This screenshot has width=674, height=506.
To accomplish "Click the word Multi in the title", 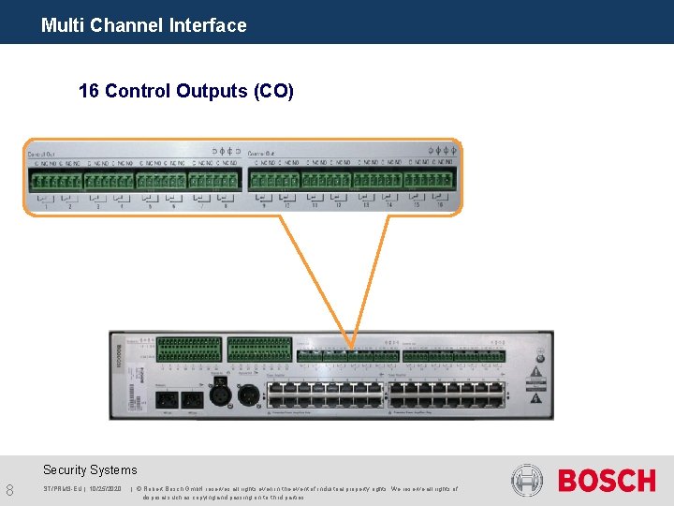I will click(x=63, y=25).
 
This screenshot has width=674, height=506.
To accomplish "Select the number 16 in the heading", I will click(x=89, y=91).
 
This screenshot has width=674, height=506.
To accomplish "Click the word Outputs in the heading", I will click(x=212, y=91).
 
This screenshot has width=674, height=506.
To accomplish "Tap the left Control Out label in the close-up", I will click(x=41, y=153).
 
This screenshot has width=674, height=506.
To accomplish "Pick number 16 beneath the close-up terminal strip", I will click(x=439, y=205).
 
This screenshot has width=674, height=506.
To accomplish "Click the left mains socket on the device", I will click(x=167, y=398).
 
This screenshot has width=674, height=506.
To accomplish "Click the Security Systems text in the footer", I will click(x=90, y=470).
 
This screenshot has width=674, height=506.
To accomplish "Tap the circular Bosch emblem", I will click(x=527, y=481).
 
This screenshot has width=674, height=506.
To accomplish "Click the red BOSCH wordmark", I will click(x=607, y=481).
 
